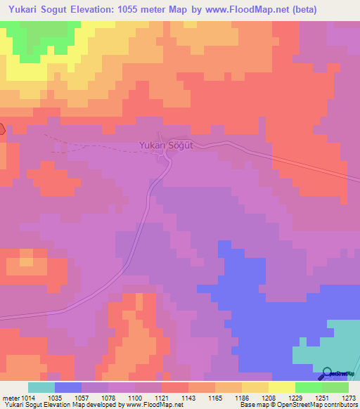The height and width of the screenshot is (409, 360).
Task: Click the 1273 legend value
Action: tap(349, 398)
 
